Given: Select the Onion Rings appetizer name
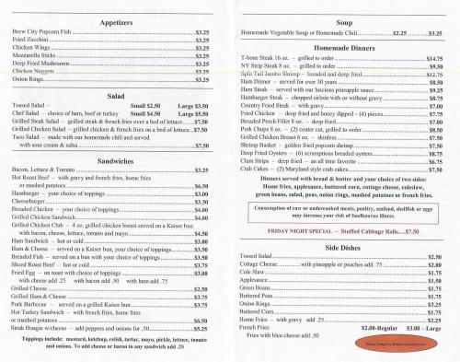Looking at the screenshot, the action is tap(29, 80).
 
